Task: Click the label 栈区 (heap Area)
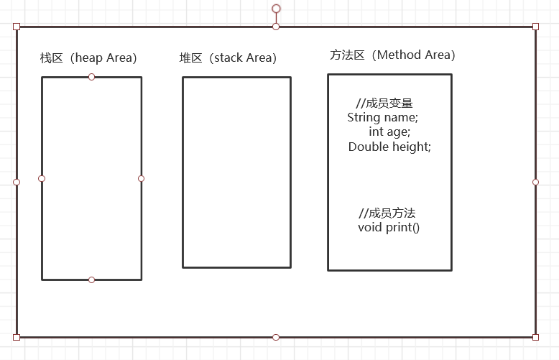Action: pos(88,57)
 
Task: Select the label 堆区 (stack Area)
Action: pos(228,57)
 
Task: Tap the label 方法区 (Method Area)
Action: pos(392,55)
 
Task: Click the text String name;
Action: pos(382,117)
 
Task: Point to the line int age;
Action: pos(389,131)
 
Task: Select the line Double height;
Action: pos(389,147)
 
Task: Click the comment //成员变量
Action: pos(384,103)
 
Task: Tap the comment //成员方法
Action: pos(387,213)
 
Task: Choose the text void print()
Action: pos(389,227)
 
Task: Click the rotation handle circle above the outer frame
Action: pos(276,9)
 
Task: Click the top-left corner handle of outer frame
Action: pos(17,27)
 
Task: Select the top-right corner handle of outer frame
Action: pos(535,27)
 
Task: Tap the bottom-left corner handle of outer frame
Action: pos(17,337)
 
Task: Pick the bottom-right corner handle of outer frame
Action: pos(535,337)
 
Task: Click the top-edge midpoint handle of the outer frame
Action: pos(276,27)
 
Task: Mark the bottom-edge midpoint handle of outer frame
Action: pos(276,337)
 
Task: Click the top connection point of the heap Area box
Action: pos(91,77)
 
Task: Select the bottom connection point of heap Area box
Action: pos(91,280)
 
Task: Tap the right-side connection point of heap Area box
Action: pos(142,178)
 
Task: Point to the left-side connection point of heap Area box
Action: pos(42,178)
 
